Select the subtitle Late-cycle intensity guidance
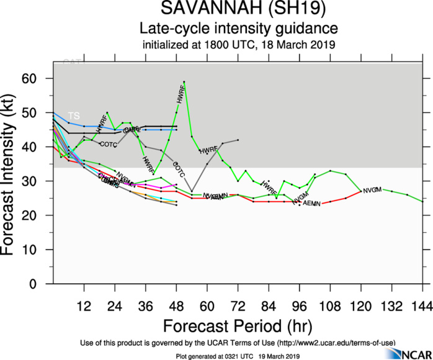[x=238, y=29]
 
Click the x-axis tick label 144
[x=422, y=305]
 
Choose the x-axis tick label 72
[x=238, y=305]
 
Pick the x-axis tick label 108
[x=329, y=305]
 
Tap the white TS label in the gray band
[x=74, y=116]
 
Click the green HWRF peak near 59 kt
[x=184, y=82]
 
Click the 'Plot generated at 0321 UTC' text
[x=211, y=356]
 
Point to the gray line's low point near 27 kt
[x=192, y=191]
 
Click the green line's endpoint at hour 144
[x=422, y=201]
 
